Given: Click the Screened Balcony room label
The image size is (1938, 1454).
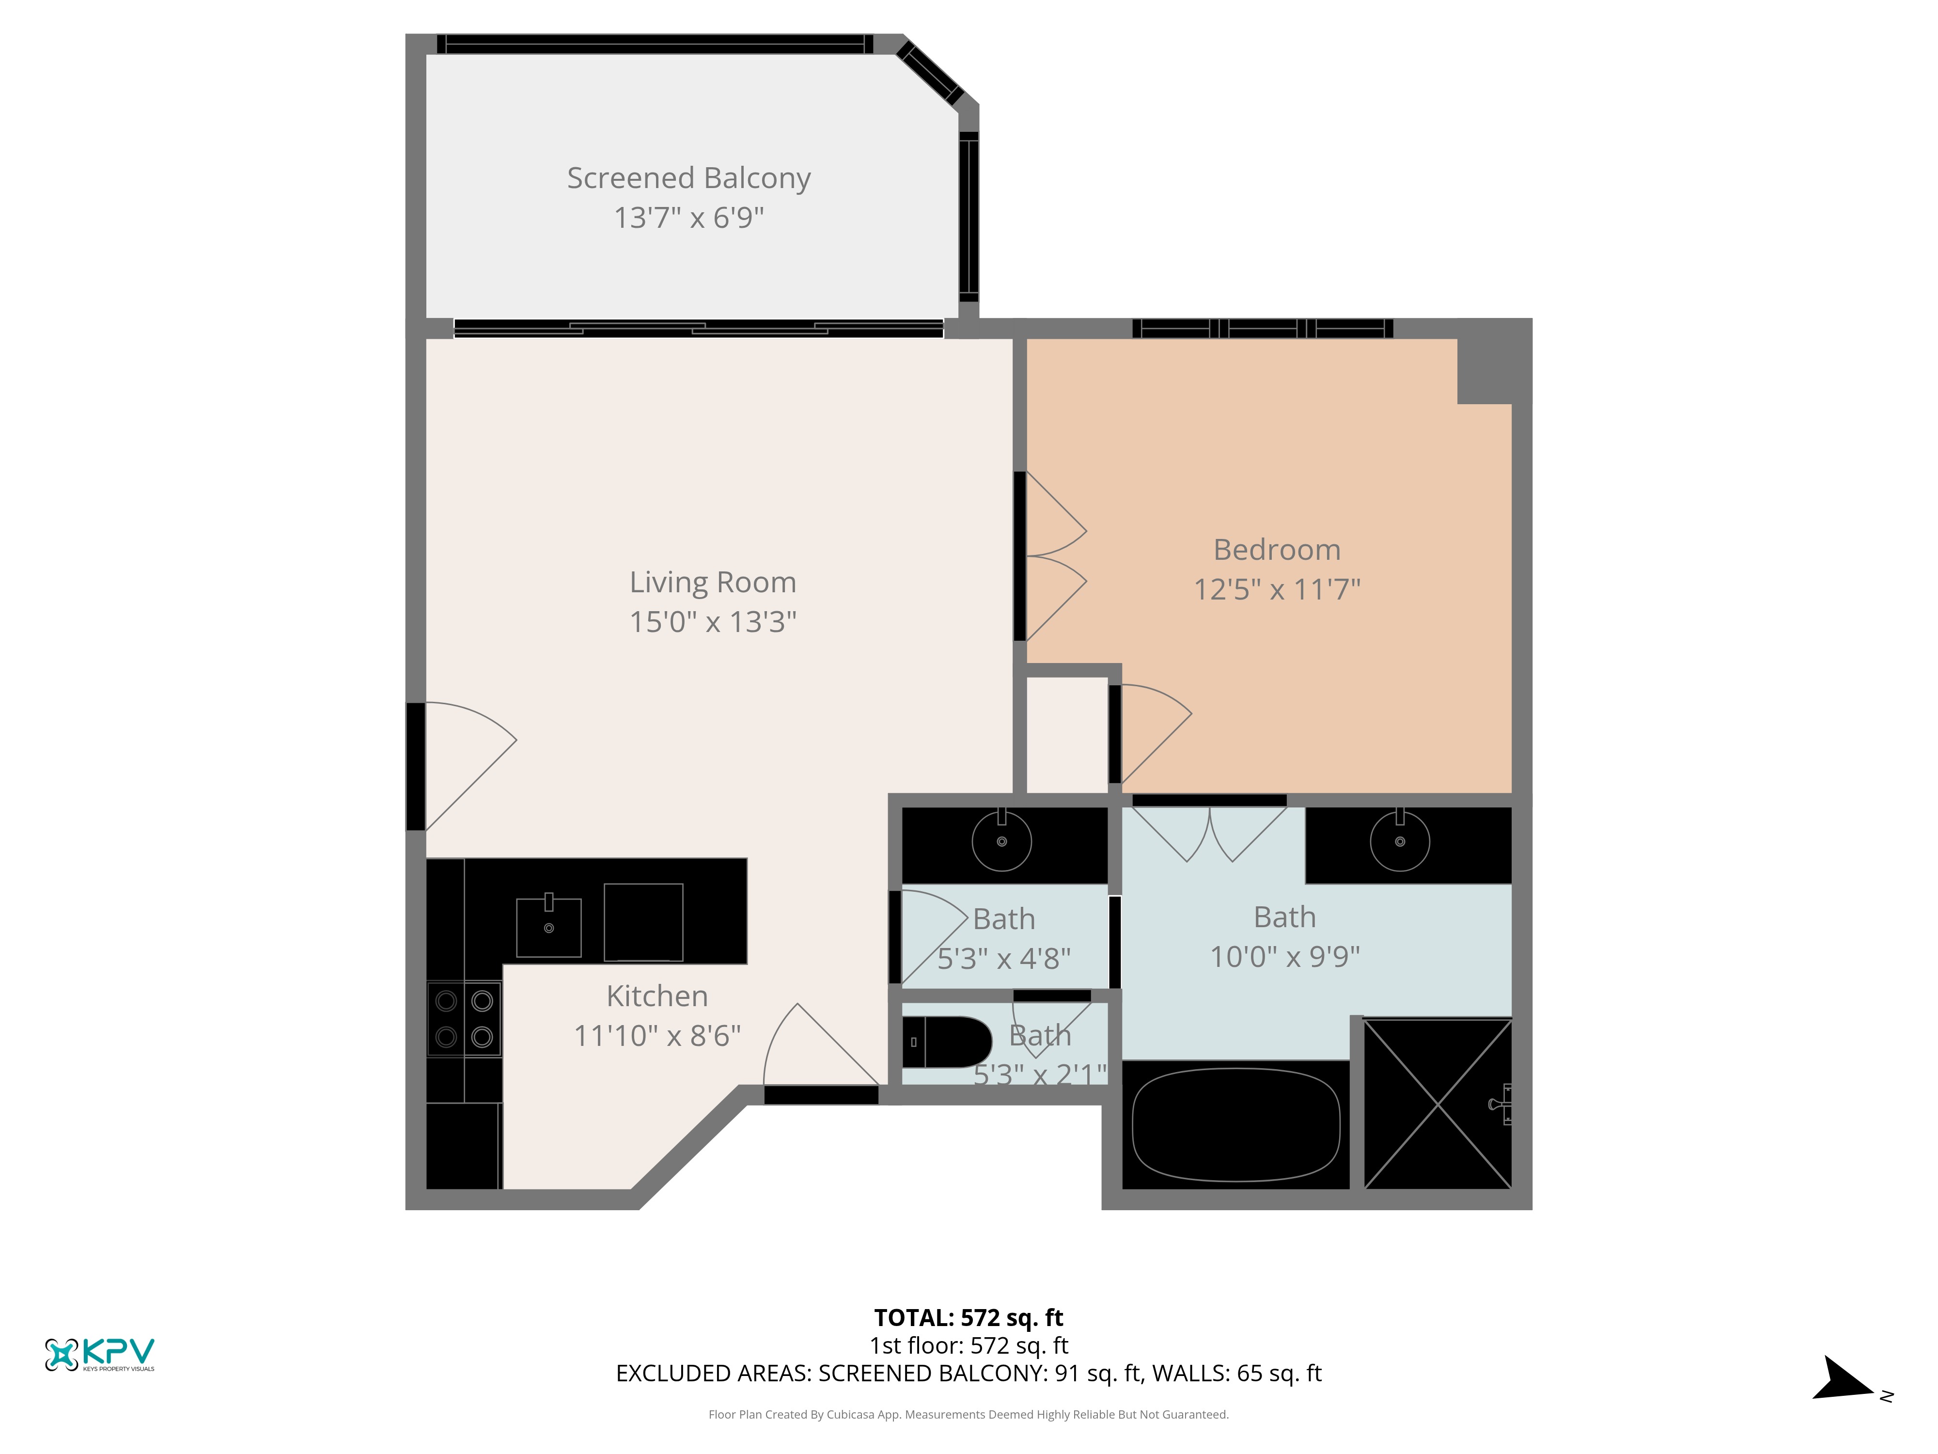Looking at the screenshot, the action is (688, 178).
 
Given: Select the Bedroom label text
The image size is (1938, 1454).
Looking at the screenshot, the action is (1277, 550).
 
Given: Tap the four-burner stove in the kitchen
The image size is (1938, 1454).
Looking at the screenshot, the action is (464, 1018).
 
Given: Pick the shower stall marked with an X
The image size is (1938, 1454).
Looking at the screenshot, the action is (1438, 1104).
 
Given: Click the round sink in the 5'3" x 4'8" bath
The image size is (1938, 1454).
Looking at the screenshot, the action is (1001, 841).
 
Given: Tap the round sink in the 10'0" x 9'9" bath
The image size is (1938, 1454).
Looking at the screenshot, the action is (1400, 841).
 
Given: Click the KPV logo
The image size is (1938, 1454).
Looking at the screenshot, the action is (100, 1354).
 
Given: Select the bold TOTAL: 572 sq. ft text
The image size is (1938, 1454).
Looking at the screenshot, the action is (968, 1317).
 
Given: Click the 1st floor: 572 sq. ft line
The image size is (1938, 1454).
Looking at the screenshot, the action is (968, 1345).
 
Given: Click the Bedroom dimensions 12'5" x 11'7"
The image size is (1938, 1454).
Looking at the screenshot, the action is (1277, 589).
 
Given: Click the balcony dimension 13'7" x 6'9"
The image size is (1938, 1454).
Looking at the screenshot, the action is (688, 217).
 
